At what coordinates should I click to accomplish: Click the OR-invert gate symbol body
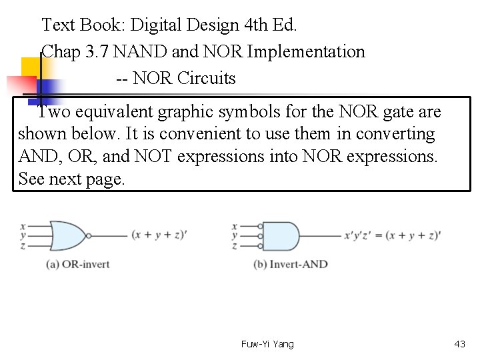point(67,235)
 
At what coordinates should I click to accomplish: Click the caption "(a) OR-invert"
point(77,264)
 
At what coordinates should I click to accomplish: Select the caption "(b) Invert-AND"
point(291,264)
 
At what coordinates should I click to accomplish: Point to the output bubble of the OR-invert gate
point(87,235)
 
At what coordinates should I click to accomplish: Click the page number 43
point(459,344)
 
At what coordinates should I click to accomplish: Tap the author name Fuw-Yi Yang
point(267,344)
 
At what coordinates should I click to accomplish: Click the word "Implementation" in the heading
point(306,51)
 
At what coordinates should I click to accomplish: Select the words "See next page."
point(72,179)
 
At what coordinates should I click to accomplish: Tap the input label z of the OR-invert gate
point(23,245)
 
